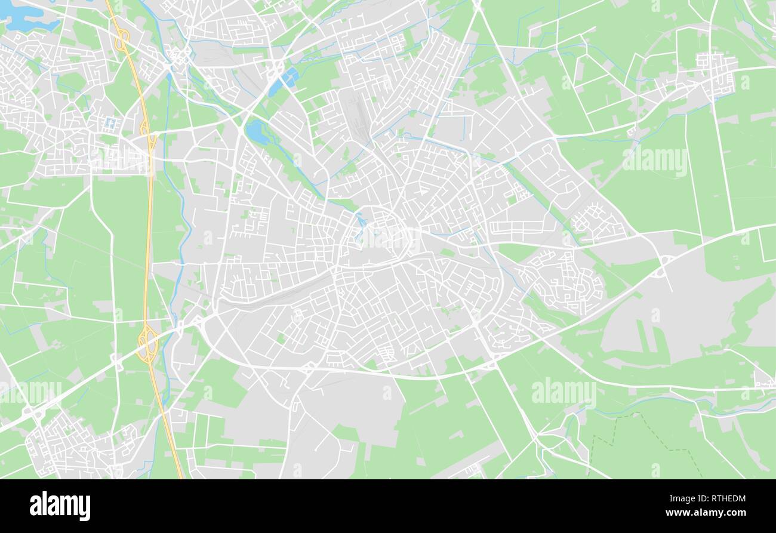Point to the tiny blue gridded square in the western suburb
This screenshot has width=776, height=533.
[x=111, y=123]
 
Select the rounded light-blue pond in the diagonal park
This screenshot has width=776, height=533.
[x=257, y=131]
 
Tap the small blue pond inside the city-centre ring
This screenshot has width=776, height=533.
[x=361, y=221]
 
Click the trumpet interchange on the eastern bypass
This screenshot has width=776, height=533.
[x=661, y=267]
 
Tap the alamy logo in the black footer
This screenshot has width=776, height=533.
[x=60, y=506]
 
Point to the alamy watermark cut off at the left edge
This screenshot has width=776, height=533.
[x=30, y=392]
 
